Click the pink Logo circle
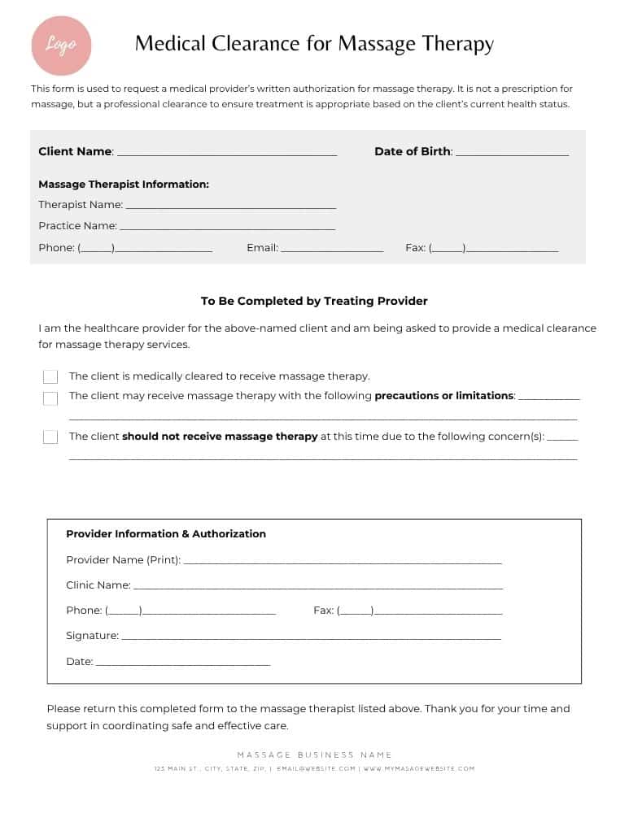coord(61,46)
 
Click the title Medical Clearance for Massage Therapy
coord(314,44)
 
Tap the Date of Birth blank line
coord(512,154)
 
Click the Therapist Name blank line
coord(230,207)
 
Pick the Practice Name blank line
coord(227,228)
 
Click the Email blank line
coord(332,250)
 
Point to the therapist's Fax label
coord(415,248)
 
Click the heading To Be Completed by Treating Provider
coord(314,301)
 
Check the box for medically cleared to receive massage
coord(50,377)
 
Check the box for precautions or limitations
coord(50,398)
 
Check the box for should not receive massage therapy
coord(50,437)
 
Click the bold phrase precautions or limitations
coord(443,396)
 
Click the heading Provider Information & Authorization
coord(166,534)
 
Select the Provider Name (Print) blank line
coord(343,563)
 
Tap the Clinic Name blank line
coord(317,588)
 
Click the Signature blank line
coord(311,639)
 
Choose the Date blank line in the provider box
coord(183,665)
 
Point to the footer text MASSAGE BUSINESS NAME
coord(314,755)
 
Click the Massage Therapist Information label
coord(124,185)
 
